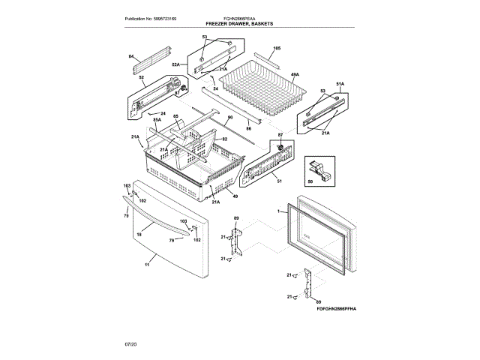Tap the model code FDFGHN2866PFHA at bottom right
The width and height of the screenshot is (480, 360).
335,307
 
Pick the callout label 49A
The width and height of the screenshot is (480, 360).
295,75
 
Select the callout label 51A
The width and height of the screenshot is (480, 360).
339,83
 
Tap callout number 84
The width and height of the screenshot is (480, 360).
130,57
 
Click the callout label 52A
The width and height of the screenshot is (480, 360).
175,65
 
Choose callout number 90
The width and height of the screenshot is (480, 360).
230,118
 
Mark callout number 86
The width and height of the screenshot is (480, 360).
248,129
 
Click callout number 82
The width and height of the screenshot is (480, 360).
223,139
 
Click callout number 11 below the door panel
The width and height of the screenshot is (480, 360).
147,265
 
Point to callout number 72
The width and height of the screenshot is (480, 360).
126,216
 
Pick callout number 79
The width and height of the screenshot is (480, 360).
172,240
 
